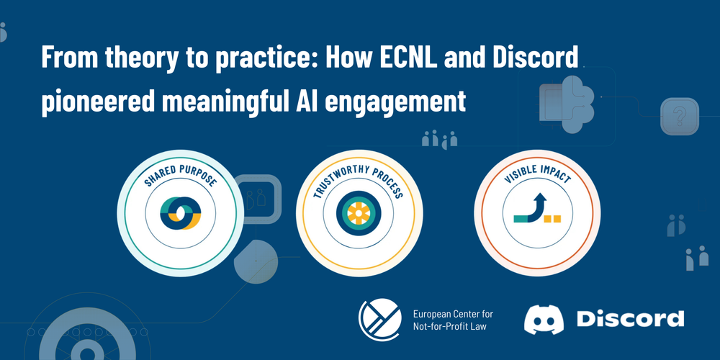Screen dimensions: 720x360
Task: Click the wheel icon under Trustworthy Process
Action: point(356,213)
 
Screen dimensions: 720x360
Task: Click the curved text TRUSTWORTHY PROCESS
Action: point(359,177)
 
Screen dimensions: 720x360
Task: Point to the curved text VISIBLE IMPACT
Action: point(537,174)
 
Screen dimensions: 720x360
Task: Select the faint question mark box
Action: point(680,117)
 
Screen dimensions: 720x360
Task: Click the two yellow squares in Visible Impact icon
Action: point(552,218)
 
